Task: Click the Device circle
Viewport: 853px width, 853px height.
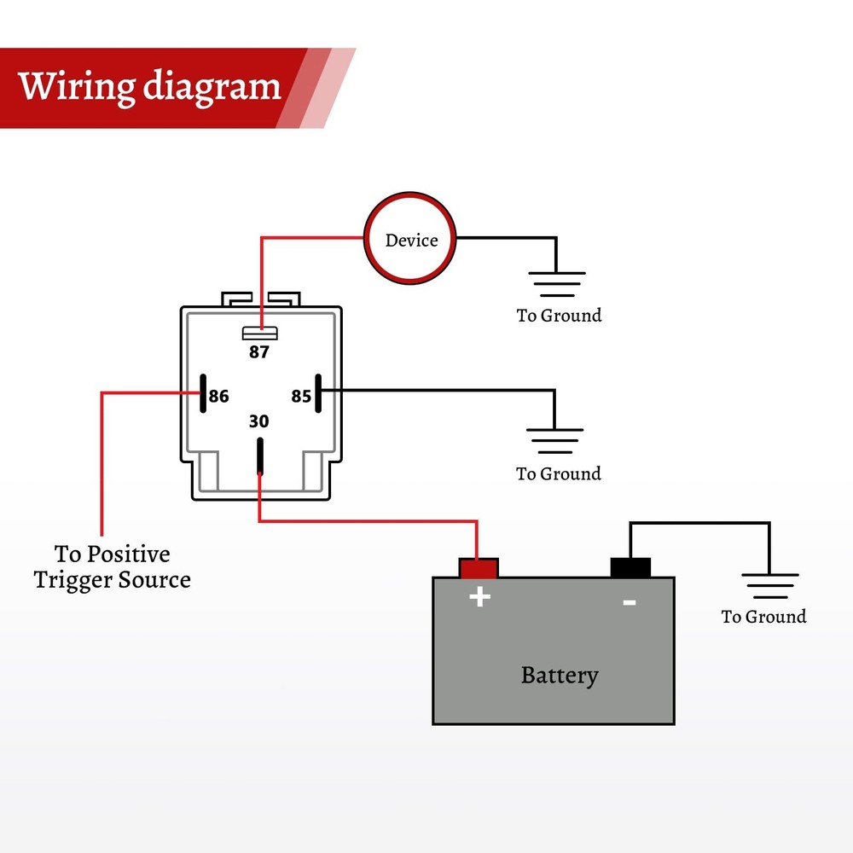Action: point(411,240)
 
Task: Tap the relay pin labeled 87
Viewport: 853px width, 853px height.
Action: point(259,332)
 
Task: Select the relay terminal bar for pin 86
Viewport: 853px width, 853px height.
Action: point(203,392)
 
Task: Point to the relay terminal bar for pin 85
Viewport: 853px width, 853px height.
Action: point(316,392)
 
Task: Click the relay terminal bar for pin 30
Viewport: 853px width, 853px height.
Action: point(259,456)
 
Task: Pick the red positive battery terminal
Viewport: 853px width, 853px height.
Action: point(478,568)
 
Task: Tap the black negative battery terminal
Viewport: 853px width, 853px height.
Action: point(630,568)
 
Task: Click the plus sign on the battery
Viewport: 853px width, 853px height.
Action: point(480,596)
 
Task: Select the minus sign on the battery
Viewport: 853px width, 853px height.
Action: point(630,602)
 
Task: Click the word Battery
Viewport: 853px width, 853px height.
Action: point(560,676)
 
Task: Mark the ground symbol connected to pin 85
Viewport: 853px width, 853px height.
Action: point(555,440)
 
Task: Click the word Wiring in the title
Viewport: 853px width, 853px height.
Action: point(77,87)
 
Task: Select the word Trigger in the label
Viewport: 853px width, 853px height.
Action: point(73,581)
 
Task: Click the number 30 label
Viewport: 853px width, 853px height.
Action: point(258,421)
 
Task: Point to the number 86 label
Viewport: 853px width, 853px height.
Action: point(219,397)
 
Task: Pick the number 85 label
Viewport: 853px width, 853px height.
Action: point(301,397)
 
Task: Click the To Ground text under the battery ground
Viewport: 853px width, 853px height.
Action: point(763,617)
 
